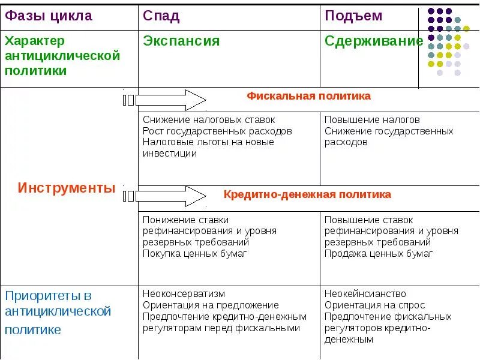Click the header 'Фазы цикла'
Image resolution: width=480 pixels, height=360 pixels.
tap(48, 16)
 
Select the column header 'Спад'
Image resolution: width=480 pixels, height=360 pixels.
tap(161, 16)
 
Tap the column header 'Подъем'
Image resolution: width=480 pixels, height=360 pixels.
tap(353, 16)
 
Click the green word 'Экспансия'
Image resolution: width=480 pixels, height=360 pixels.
tap(181, 41)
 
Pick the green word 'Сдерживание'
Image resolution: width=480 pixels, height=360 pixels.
tap(374, 41)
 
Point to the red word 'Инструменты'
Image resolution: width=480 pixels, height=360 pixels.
tap(67, 188)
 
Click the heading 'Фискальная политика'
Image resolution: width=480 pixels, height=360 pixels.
tap(309, 96)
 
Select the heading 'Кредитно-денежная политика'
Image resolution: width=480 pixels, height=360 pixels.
tap(307, 194)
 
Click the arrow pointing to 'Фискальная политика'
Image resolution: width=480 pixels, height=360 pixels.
tap(165, 100)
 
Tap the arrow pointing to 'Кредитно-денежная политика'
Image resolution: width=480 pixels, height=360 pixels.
tap(165, 196)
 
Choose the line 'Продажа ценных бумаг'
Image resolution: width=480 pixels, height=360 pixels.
tap(379, 253)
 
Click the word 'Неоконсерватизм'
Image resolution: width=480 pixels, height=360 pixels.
tap(184, 294)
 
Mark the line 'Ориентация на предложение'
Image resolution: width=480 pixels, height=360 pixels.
tap(211, 305)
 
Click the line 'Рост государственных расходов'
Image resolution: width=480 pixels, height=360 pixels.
tap(217, 131)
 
